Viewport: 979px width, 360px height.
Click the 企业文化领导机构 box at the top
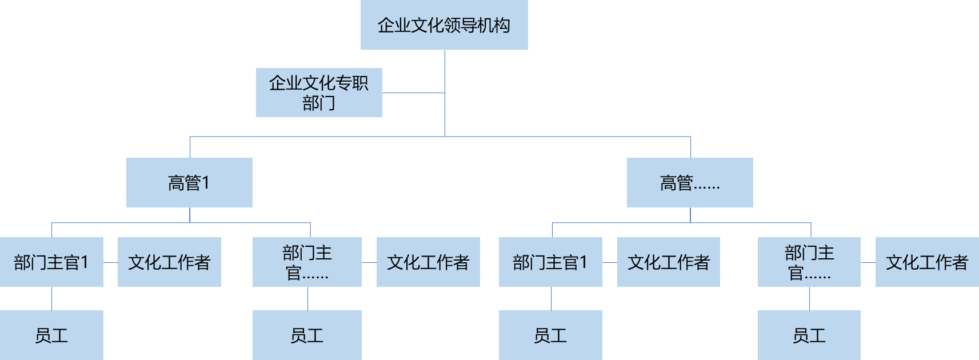444,25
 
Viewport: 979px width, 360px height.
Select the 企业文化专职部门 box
319,93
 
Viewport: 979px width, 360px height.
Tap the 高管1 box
189,183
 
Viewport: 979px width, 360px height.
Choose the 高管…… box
690,183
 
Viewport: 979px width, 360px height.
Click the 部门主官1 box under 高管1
51,262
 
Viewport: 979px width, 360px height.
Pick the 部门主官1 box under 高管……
550,262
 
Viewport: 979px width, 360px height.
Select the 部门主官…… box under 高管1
307,262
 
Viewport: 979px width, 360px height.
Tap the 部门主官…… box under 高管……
809,262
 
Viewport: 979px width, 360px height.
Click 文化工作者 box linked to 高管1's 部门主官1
169,262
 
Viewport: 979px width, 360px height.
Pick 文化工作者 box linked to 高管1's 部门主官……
428,262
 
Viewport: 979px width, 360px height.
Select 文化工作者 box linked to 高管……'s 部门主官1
669,262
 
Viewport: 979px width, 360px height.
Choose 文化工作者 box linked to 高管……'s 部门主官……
927,262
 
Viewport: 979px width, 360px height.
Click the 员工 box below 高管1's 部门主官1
51,335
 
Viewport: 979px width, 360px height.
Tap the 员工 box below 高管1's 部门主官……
307,335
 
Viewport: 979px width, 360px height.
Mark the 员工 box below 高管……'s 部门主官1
550,335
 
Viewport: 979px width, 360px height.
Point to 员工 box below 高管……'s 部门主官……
809,335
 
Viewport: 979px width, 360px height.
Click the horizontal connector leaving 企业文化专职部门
413,93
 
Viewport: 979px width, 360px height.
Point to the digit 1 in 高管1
206,183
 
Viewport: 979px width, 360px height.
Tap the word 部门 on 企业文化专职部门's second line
319,103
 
